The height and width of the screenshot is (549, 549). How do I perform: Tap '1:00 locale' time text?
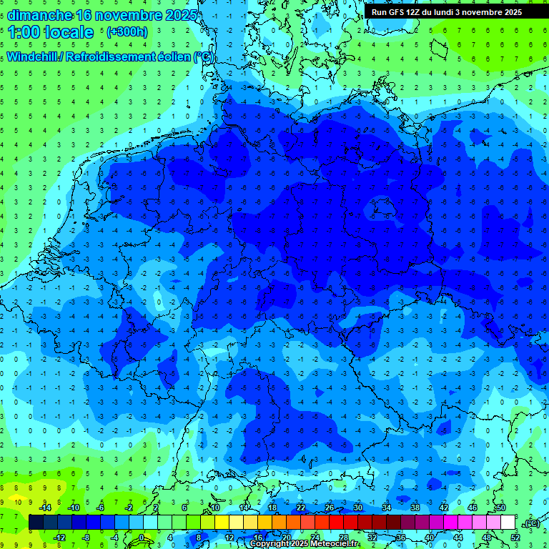point(51,32)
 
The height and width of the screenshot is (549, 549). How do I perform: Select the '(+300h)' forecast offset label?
point(127,32)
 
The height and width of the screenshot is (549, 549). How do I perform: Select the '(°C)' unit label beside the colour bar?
point(531,523)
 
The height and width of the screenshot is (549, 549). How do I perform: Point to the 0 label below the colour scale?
point(141,538)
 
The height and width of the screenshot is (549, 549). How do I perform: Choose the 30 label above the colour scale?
point(357,508)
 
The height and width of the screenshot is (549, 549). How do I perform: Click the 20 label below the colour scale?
point(286,538)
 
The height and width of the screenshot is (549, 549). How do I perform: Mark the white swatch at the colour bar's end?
point(508,523)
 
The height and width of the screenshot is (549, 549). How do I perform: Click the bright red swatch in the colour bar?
point(336,523)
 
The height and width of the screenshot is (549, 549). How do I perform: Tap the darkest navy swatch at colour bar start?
point(36,523)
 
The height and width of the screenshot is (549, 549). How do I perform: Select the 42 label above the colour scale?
point(443,508)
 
